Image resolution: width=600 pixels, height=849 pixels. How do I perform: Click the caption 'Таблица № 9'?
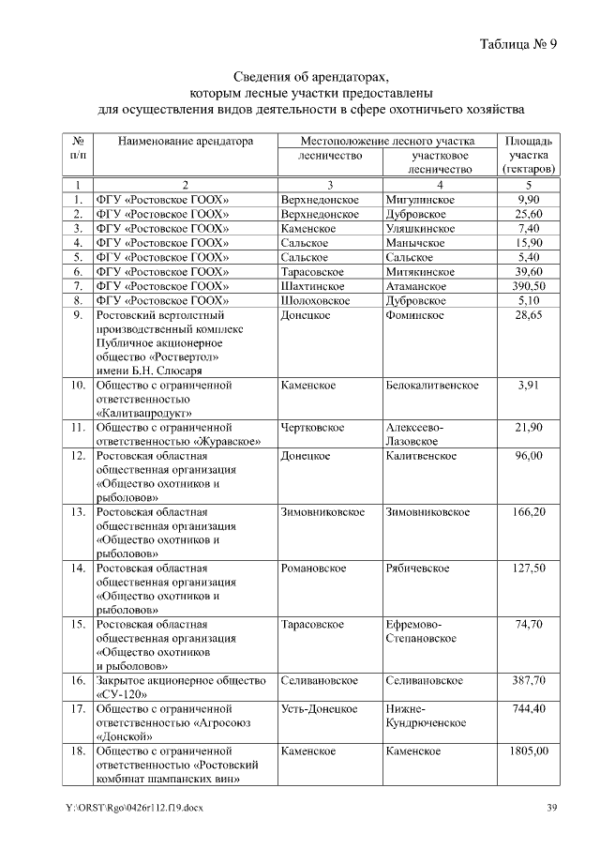(x=518, y=44)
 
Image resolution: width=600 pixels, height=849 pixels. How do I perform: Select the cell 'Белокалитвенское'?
(x=432, y=386)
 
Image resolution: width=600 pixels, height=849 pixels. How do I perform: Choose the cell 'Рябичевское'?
(x=417, y=569)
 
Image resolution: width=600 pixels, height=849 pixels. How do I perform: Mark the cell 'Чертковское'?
(x=312, y=428)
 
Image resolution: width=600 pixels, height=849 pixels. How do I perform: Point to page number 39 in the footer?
(x=552, y=808)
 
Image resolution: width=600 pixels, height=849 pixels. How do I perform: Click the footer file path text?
(x=134, y=808)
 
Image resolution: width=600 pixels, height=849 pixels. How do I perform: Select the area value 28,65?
(x=529, y=316)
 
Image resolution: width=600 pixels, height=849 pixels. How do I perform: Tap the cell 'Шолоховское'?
(x=315, y=300)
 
